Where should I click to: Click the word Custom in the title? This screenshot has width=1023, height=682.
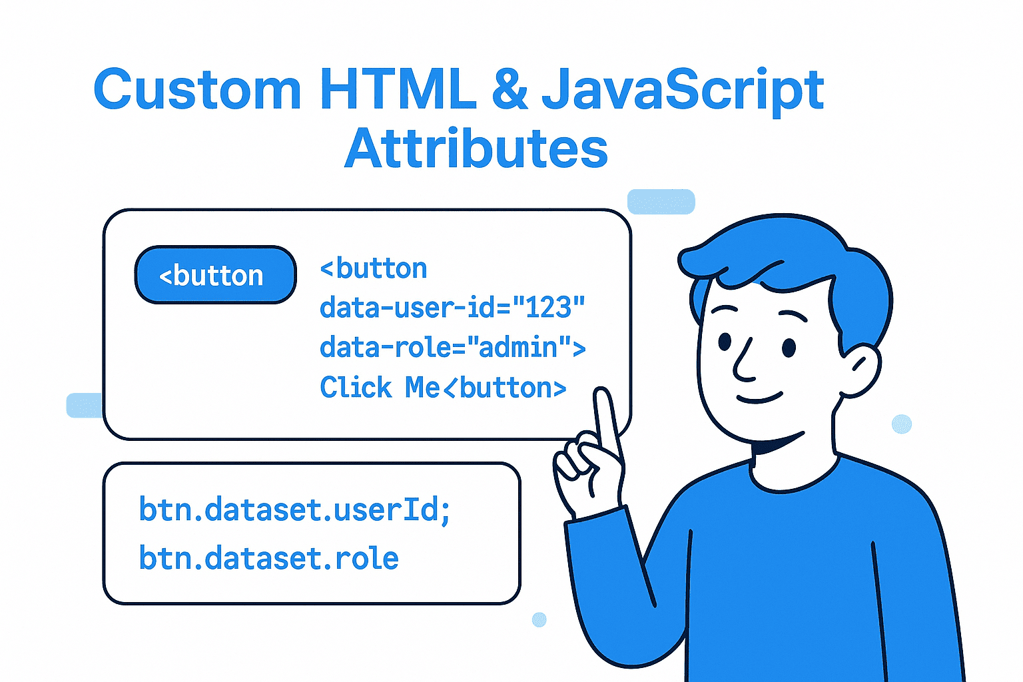click(x=197, y=89)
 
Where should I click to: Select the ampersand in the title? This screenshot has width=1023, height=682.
click(x=510, y=89)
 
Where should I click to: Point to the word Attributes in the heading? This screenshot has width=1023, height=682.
click(x=476, y=148)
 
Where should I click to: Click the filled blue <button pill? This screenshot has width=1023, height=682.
click(x=216, y=274)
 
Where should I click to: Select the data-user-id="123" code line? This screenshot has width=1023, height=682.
click(x=452, y=307)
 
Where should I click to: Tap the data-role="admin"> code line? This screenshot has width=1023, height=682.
click(x=453, y=347)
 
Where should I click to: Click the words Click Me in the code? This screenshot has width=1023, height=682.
click(x=380, y=388)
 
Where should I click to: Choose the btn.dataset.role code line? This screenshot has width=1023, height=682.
click(x=268, y=557)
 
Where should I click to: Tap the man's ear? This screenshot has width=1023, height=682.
click(x=861, y=370)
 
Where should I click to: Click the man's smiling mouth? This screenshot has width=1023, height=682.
click(x=759, y=399)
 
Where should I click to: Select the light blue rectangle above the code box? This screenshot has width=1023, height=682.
click(x=661, y=201)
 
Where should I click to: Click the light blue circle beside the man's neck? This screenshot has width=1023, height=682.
click(x=902, y=424)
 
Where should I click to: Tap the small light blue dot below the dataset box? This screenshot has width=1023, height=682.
click(x=539, y=619)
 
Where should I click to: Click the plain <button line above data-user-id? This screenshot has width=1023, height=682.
click(x=374, y=268)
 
